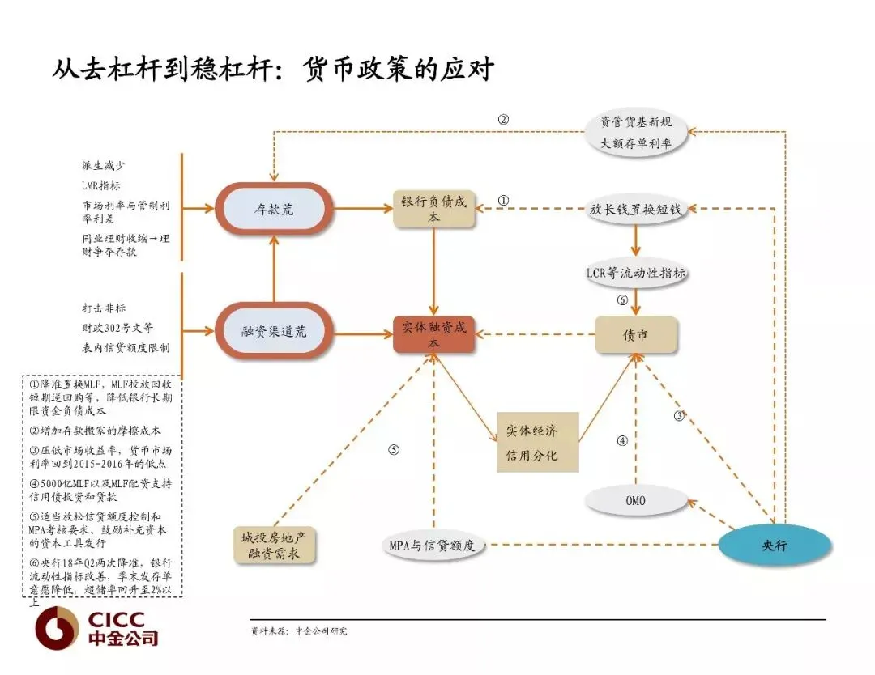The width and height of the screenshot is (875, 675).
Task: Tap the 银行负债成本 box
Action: click(434, 209)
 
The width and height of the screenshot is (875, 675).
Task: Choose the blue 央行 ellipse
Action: click(775, 545)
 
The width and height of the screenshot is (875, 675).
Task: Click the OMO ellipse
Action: click(635, 501)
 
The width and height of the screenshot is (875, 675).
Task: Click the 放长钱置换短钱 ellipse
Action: click(636, 209)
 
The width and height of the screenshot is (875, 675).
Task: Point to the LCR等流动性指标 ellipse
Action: click(636, 273)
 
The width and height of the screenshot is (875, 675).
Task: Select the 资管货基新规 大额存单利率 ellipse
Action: click(636, 134)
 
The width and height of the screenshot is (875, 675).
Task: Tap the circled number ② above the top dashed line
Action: click(503, 120)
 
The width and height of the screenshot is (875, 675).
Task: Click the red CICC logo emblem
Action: click(56, 629)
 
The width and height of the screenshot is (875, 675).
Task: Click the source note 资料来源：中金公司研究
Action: click(299, 630)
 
